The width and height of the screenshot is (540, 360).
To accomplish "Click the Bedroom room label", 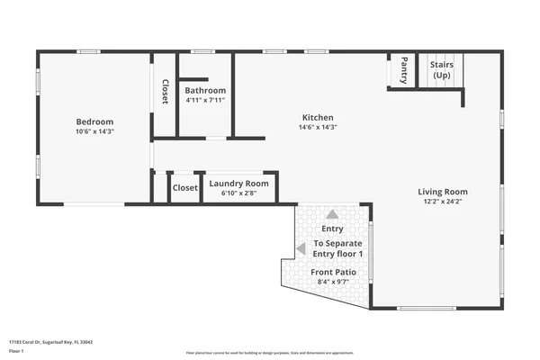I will [x=94, y=121].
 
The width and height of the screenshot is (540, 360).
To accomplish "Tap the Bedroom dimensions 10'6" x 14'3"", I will [x=94, y=131].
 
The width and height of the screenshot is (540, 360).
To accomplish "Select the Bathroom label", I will [x=205, y=90].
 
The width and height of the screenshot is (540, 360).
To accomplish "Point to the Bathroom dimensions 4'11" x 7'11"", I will [x=205, y=100].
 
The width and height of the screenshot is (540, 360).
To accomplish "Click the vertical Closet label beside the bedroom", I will [x=165, y=92].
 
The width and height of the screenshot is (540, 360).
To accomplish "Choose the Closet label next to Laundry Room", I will [x=184, y=187].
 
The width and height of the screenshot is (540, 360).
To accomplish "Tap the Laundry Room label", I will [x=238, y=184].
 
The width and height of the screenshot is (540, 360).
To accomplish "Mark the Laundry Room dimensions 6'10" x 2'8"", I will [x=238, y=193].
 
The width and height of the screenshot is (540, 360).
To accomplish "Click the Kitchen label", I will [x=318, y=117].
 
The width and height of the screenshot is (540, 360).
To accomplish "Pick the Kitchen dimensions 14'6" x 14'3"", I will [x=318, y=127].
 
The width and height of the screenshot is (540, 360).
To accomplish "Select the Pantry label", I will [x=404, y=69].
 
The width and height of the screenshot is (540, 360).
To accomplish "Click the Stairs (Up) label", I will [x=442, y=70].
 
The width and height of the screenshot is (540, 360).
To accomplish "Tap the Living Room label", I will [x=442, y=191].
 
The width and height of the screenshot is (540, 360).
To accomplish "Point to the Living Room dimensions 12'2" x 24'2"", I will [x=442, y=202].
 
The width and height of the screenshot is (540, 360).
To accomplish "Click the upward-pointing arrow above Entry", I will [x=332, y=214].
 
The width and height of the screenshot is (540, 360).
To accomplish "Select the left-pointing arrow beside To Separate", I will [x=301, y=249].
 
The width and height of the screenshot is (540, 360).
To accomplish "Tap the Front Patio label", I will [x=333, y=272].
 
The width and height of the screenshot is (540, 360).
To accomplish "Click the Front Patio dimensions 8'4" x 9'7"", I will [x=333, y=282].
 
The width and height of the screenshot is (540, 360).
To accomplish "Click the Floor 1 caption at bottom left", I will [x=16, y=351].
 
